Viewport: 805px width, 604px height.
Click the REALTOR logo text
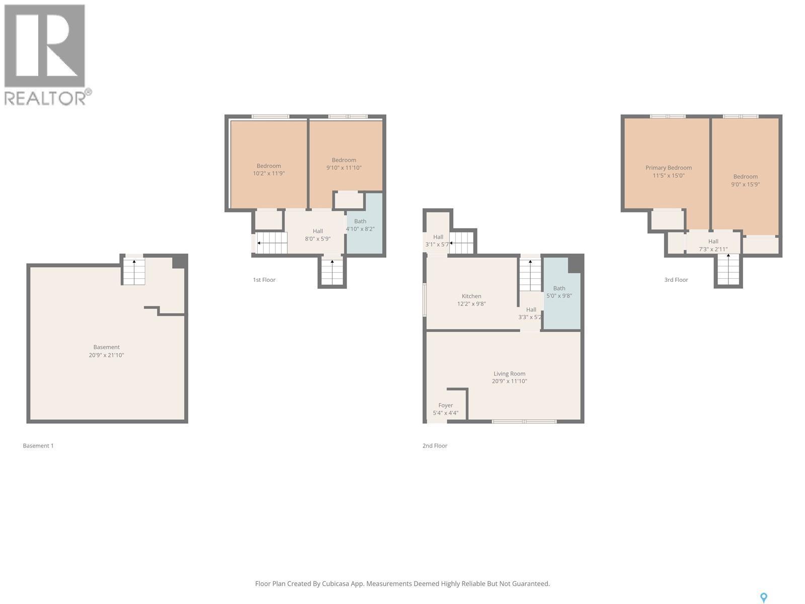pyautogui.click(x=48, y=98)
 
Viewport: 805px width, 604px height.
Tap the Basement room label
pyautogui.click(x=106, y=347)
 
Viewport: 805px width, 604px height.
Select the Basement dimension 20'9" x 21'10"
pyautogui.click(x=106, y=355)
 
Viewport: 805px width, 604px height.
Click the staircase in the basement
pyautogui.click(x=134, y=272)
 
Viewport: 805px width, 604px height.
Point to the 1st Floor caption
pyautogui.click(x=264, y=280)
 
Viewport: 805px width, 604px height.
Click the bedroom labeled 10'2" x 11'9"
pyautogui.click(x=269, y=170)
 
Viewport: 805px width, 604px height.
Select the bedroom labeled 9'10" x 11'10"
pyautogui.click(x=344, y=164)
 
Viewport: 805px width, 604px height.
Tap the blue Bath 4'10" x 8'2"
pyautogui.click(x=360, y=225)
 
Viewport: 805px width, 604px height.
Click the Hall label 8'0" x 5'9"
pyautogui.click(x=317, y=235)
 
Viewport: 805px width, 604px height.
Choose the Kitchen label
pyautogui.click(x=471, y=296)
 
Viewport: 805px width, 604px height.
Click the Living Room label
pyautogui.click(x=509, y=374)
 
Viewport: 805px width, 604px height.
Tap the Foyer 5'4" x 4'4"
pyautogui.click(x=446, y=409)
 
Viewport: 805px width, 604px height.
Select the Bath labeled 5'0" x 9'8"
pyautogui.click(x=559, y=292)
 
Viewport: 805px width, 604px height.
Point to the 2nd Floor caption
pyautogui.click(x=435, y=446)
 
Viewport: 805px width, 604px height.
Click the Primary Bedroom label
pyautogui.click(x=669, y=168)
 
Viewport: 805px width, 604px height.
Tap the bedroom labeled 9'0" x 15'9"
pyautogui.click(x=745, y=180)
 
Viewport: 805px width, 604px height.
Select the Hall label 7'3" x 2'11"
pyautogui.click(x=713, y=245)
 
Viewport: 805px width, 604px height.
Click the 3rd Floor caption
pyautogui.click(x=676, y=280)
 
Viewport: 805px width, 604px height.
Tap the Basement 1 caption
pyautogui.click(x=38, y=446)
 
